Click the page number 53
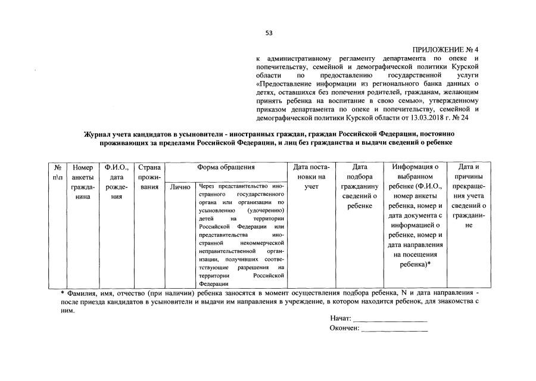pyautogui.click(x=269, y=33)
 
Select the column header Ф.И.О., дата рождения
pyautogui.click(x=113, y=182)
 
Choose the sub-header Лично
pyautogui.click(x=179, y=186)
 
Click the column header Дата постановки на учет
pyautogui.click(x=312, y=177)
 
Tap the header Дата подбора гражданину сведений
pyautogui.click(x=359, y=186)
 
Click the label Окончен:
pyautogui.click(x=344, y=329)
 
